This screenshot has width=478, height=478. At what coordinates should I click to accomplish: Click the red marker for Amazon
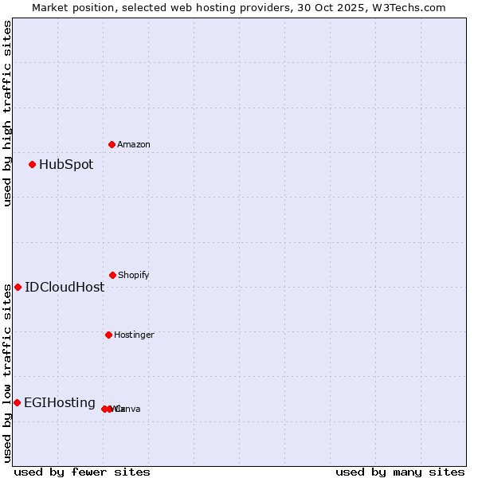pos(112,144)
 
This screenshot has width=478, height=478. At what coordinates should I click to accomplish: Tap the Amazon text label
pos(134,145)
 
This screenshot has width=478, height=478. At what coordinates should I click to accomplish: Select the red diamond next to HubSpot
pos(32,165)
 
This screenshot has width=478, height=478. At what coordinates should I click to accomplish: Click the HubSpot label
pos(66,165)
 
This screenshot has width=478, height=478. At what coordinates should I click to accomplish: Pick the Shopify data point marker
pos(112,275)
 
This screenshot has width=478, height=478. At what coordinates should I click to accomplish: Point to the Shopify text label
pos(134,276)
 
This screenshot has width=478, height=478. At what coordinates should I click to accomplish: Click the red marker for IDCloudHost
pos(18,287)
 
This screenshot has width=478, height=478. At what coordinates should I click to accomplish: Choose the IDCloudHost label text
pos(65,288)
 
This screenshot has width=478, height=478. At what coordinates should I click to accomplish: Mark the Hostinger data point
pos(108,335)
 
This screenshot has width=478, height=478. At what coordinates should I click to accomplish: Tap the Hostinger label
pos(134,335)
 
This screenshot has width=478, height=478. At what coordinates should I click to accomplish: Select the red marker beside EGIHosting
pos(17,402)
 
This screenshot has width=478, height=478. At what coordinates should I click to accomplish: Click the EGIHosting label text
pos(60,403)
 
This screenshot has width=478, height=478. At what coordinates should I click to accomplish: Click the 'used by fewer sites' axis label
pos(82,472)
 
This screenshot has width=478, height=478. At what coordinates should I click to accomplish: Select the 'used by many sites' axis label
pos(400,472)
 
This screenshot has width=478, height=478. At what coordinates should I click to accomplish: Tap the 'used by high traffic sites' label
pos(7,113)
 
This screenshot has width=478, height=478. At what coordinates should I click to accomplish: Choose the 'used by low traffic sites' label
pos(7,373)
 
